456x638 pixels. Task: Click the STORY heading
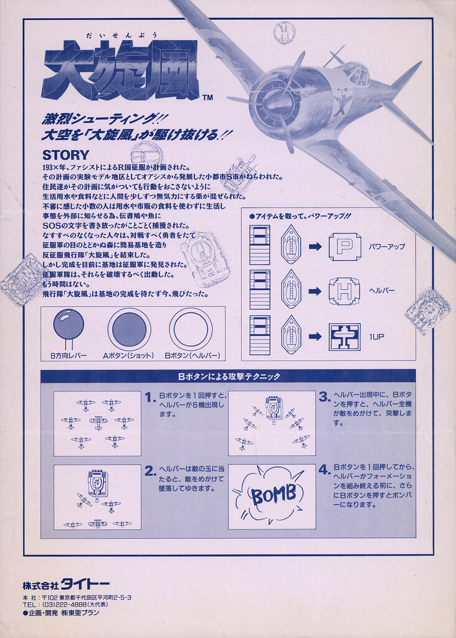tap(65, 155)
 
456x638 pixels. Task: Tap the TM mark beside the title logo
tap(207, 98)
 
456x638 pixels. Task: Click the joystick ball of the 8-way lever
tap(69, 324)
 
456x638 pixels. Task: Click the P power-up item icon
tap(345, 247)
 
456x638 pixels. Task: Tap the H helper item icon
tap(344, 291)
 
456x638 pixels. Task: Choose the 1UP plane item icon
tap(344, 337)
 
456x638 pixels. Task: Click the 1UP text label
tap(376, 337)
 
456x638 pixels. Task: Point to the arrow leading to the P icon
tap(315, 247)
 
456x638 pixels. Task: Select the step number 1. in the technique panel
tap(151, 397)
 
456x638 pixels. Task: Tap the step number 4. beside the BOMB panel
tap(324, 470)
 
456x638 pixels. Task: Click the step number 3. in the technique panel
tap(324, 397)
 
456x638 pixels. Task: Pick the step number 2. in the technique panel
tap(151, 471)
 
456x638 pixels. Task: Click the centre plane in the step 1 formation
tap(98, 422)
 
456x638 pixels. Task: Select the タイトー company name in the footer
tap(85, 585)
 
